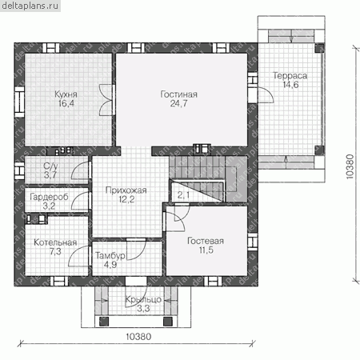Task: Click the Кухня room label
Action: (66, 94)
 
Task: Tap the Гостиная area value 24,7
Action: (178, 103)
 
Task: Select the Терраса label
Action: (290, 76)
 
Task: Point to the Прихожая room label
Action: (126, 190)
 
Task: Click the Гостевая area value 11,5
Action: (206, 250)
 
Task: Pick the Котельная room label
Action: (55, 242)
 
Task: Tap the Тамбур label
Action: (110, 256)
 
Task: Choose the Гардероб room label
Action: (49, 197)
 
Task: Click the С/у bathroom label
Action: (50, 166)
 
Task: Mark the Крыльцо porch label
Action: (143, 299)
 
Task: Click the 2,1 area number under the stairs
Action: (183, 195)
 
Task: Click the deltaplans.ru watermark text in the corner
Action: (30, 6)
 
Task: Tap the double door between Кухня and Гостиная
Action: (106, 100)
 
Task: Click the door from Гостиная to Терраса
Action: (266, 94)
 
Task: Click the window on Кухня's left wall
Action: (19, 102)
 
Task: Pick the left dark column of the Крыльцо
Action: (104, 322)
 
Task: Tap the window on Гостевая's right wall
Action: (253, 242)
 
